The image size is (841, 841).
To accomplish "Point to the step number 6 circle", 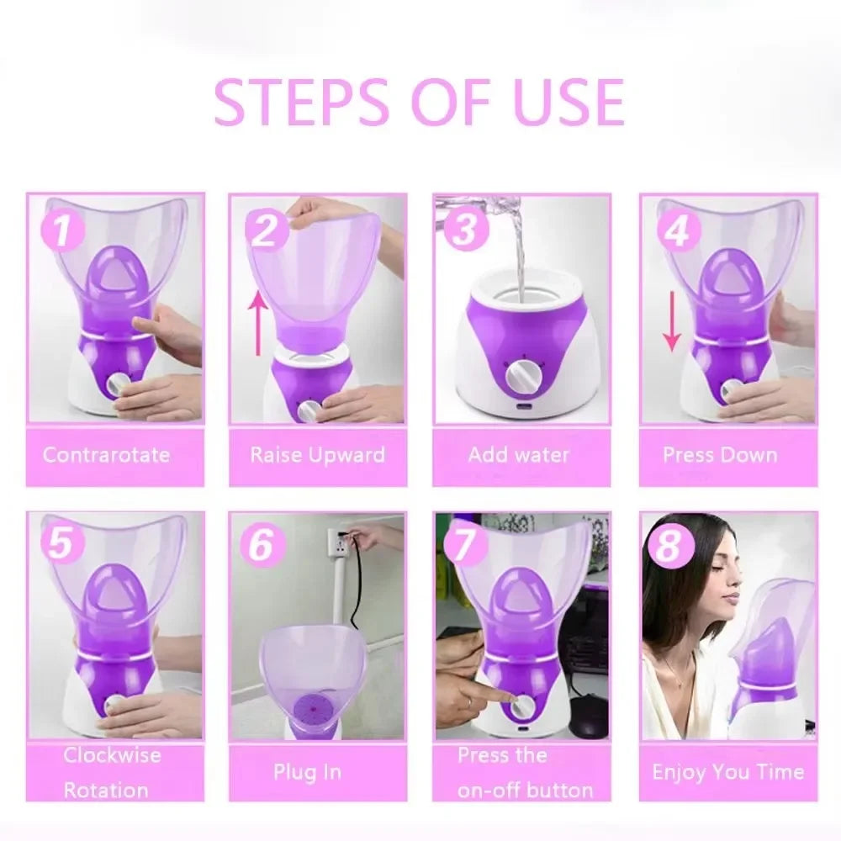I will (x=262, y=546).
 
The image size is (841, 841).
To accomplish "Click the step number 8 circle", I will (x=669, y=547).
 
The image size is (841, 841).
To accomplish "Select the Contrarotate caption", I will (x=107, y=456).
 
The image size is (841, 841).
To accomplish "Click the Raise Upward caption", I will (x=317, y=456).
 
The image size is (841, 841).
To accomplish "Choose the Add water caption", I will (x=519, y=456).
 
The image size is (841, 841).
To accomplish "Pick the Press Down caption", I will (x=720, y=456).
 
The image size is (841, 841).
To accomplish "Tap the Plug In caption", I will (x=307, y=772).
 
